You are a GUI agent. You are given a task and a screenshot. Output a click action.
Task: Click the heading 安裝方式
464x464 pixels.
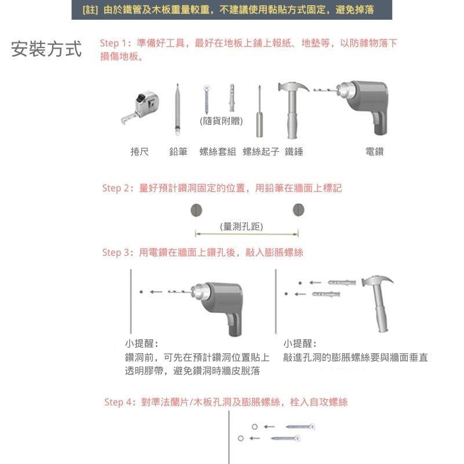coord(46,50)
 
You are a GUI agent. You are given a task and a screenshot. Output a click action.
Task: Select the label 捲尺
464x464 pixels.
coord(140,151)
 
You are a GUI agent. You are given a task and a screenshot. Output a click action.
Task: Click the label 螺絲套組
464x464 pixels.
coord(217,151)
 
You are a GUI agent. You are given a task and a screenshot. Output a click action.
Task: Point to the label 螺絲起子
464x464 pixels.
coord(261,151)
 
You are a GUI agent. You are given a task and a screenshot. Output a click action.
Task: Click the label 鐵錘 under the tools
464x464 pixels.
coord(294,151)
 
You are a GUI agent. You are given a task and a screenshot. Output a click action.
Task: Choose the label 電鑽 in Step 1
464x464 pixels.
coord(375,151)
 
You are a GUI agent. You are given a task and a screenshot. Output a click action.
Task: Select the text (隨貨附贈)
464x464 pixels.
coord(221,121)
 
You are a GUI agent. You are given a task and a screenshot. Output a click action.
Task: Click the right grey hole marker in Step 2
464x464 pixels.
coord(299,209)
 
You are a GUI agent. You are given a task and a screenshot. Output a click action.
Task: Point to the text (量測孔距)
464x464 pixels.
coord(242,227)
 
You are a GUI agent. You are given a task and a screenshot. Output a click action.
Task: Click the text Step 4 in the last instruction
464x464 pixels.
coord(118,402)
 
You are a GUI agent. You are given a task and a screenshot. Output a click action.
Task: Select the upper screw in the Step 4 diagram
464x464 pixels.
coord(299,427)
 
